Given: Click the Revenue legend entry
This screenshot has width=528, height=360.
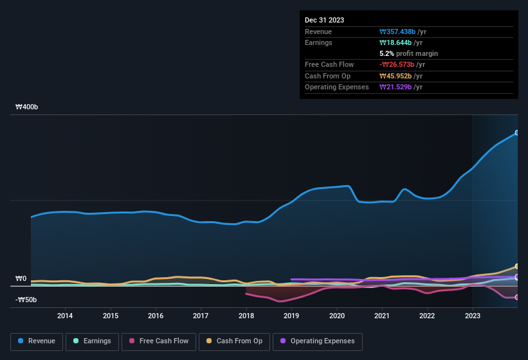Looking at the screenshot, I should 37,341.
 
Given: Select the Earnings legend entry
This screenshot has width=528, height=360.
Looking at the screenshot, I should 92,341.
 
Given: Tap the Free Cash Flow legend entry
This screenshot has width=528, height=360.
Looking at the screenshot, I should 159,341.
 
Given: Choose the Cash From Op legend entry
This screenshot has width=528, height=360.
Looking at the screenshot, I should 234,341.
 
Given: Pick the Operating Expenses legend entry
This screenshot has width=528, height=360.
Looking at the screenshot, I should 318,341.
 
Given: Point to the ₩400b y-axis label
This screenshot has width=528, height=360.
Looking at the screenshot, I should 27,107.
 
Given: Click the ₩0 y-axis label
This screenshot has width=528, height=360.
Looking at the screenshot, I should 21,279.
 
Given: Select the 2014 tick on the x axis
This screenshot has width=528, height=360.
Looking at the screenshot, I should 64,316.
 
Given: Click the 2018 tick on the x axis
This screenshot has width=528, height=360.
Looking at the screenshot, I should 246,316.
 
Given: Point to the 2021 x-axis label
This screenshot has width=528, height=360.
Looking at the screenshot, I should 382,316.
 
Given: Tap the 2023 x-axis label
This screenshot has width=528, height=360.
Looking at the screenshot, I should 473,316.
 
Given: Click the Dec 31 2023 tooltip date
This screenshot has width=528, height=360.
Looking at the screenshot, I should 324,20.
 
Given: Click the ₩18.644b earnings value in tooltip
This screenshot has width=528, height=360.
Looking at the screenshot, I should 399,42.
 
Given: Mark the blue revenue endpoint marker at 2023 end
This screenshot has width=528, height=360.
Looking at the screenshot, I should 517,133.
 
